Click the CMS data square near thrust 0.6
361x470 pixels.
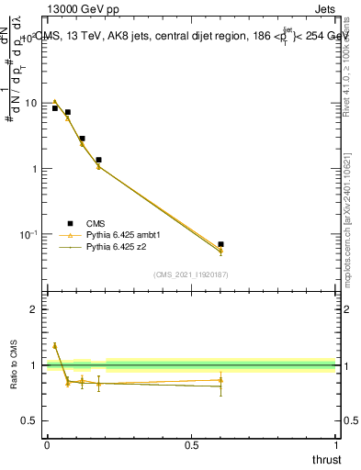click(220, 244)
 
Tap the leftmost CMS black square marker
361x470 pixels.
click(55, 108)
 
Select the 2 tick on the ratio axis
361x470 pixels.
click(37, 309)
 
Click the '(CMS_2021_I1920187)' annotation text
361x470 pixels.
click(191, 274)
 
